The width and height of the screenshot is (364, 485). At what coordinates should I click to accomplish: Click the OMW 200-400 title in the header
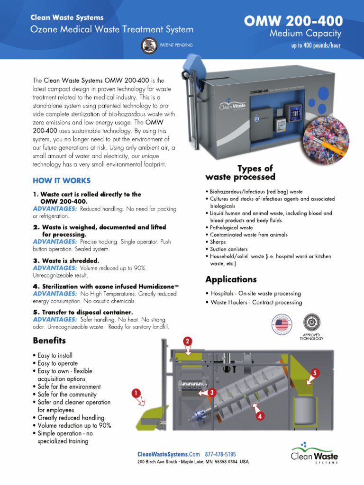(293, 22)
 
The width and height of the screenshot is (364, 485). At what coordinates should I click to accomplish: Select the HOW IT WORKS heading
(62, 180)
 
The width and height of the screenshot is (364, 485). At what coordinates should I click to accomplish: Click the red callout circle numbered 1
(136, 393)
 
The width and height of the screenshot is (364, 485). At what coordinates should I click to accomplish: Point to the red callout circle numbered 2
(188, 341)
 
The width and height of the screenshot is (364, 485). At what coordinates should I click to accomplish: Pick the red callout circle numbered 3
(212, 392)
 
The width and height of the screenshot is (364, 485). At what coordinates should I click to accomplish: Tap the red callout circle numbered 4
(260, 416)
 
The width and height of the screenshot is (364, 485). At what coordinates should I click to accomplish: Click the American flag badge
(282, 325)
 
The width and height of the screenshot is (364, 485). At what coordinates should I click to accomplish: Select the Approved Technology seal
(312, 323)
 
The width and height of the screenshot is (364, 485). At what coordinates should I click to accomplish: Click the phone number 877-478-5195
(220, 454)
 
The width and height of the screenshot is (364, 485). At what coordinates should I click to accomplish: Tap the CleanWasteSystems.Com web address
(169, 454)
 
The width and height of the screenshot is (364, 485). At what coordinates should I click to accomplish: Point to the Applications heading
(231, 279)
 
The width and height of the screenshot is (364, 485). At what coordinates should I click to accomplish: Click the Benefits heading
(49, 341)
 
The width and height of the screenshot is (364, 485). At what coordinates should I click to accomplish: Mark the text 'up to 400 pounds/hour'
(316, 45)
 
